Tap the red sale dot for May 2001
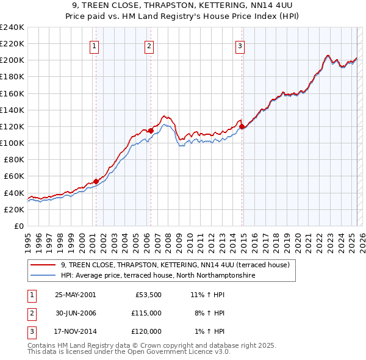(x=96, y=181)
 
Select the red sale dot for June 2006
(x=150, y=130)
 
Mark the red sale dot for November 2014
(x=242, y=126)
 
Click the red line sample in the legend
(x=43, y=265)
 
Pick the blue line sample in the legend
(x=43, y=276)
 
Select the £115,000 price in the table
(x=146, y=313)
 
